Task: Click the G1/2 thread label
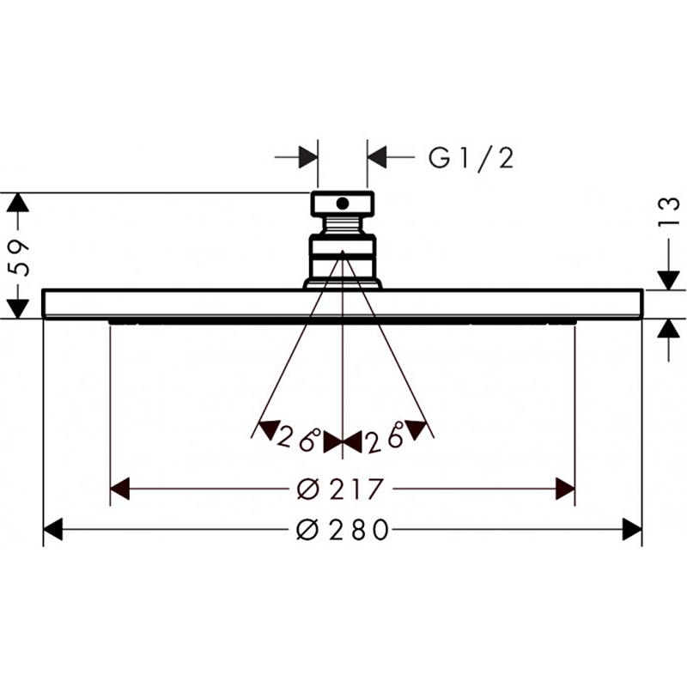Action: [x=471, y=158]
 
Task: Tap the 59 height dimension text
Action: [x=20, y=258]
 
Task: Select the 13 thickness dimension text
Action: [x=669, y=212]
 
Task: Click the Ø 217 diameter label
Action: [x=340, y=489]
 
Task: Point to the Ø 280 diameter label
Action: [x=343, y=529]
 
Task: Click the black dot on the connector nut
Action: [x=342, y=204]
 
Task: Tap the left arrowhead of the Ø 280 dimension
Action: [x=53, y=529]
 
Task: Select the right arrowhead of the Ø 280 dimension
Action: [x=632, y=529]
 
